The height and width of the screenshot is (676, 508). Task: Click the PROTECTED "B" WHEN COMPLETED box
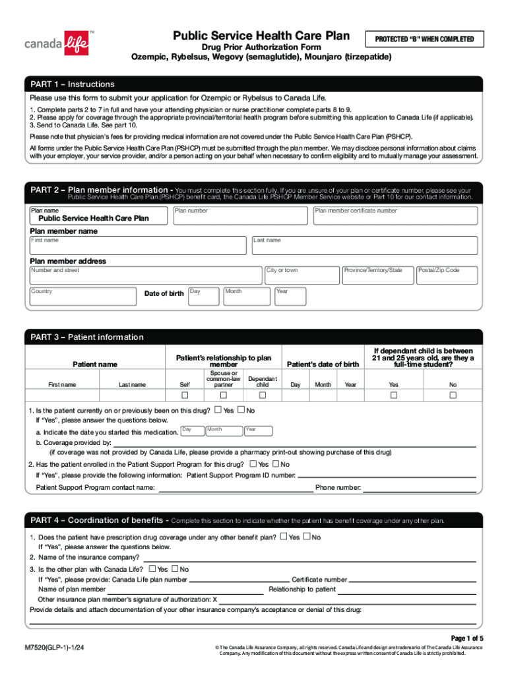(x=424, y=40)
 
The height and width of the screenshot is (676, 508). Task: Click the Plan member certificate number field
(x=395, y=217)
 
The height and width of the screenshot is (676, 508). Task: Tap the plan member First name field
(x=139, y=246)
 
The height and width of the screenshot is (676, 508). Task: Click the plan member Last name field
(x=364, y=246)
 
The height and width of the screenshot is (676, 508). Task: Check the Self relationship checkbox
(x=185, y=395)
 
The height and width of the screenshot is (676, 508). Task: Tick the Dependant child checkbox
(x=263, y=395)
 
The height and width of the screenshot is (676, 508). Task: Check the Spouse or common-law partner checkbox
(x=223, y=395)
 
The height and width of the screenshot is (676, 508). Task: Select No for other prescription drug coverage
(x=306, y=537)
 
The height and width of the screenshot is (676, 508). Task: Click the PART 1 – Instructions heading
(x=73, y=84)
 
